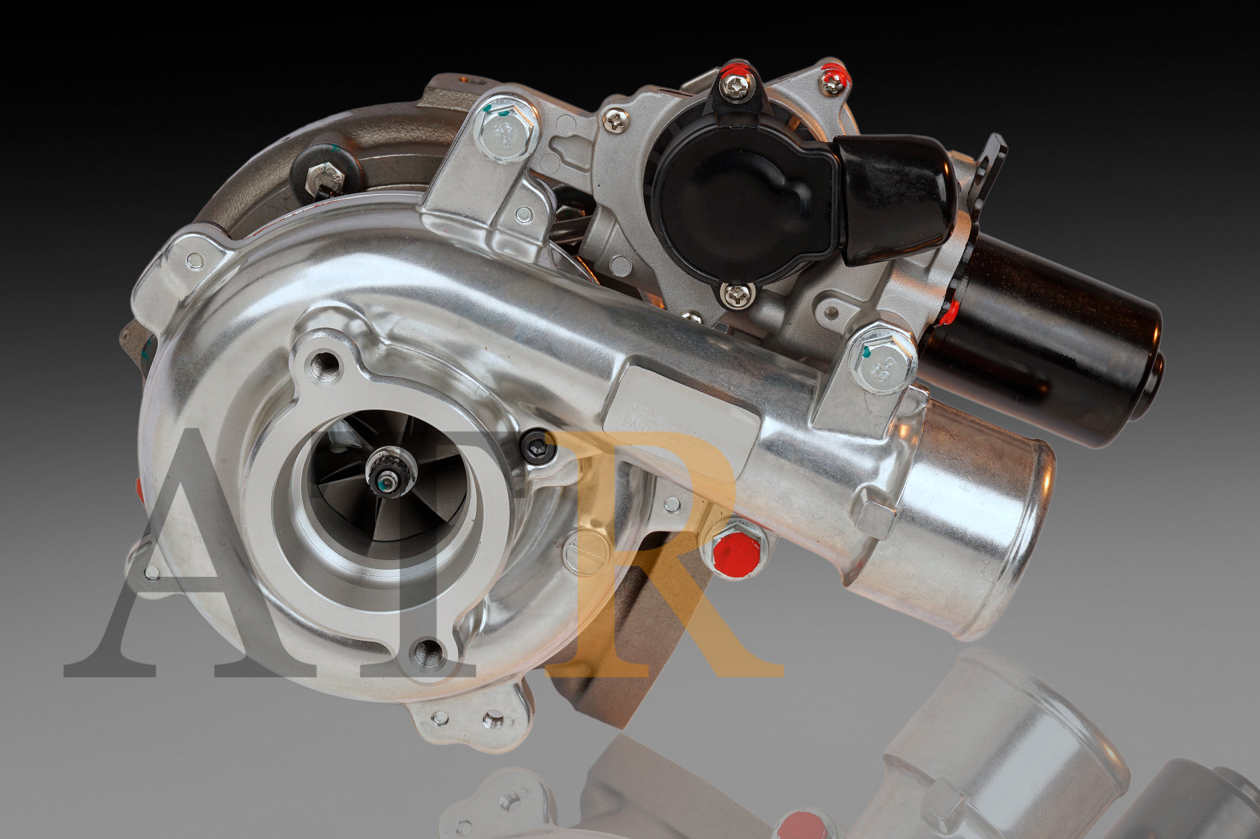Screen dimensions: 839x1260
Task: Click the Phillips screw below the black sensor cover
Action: click(x=737, y=295)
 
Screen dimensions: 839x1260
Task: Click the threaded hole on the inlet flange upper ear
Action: click(x=325, y=364)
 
